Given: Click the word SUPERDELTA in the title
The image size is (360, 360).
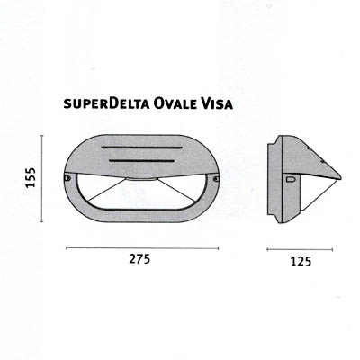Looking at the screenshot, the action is [106, 103].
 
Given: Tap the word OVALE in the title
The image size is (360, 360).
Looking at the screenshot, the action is [172, 103].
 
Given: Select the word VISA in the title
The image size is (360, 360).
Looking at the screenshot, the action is [214, 103].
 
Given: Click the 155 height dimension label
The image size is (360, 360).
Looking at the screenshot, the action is [31, 177].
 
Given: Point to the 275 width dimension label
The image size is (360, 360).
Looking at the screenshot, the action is [139, 258].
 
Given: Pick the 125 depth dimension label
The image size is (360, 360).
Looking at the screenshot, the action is [301, 262].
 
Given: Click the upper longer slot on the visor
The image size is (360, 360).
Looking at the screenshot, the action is [142, 148].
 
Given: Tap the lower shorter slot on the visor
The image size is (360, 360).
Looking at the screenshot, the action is [142, 161].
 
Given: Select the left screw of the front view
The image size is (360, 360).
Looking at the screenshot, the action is [67, 178].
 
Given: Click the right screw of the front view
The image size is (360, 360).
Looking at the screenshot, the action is [216, 179].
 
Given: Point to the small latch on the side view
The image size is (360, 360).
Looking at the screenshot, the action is [291, 180].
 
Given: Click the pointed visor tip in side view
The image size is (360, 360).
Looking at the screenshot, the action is [341, 177].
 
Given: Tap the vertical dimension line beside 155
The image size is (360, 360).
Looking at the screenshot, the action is [42, 179].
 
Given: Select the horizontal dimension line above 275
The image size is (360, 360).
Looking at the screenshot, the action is [142, 248].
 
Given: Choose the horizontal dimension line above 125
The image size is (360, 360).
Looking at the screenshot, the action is [300, 249].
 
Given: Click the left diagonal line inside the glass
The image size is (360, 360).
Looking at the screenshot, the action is [106, 190].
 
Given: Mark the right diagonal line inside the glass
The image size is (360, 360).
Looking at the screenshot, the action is [176, 190].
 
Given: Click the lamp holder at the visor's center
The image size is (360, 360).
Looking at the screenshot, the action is [141, 180].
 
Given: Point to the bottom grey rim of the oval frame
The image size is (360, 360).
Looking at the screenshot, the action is [142, 215].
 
